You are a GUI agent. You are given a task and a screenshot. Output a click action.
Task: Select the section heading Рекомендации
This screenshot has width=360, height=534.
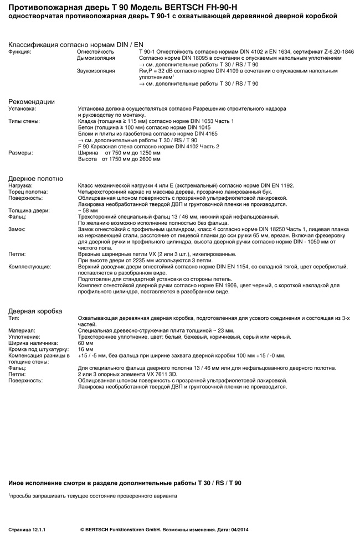(x=32, y=101)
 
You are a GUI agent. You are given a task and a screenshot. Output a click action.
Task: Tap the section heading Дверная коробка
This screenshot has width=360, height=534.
(x=35, y=311)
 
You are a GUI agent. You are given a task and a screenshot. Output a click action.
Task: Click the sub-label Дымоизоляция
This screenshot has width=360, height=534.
(x=96, y=58)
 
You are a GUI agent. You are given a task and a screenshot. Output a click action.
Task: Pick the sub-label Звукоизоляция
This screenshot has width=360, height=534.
(x=96, y=71)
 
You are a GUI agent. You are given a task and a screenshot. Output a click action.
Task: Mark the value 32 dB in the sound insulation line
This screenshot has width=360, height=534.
(x=165, y=71)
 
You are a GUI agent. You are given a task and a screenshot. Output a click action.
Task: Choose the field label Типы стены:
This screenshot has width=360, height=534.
(x=24, y=121)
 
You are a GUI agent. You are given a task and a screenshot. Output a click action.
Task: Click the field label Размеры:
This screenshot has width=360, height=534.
(x=20, y=153)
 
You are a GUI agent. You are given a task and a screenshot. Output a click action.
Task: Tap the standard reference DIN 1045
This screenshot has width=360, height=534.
(x=151, y=127)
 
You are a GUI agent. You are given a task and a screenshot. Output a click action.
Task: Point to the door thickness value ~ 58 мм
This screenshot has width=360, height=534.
(x=88, y=210)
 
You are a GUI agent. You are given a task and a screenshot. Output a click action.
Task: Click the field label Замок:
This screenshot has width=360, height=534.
(x=19, y=229)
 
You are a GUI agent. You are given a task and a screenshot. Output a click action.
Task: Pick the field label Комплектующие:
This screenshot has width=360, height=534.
(x=30, y=267)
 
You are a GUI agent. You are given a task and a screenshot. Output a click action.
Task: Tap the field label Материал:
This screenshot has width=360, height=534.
(x=21, y=330)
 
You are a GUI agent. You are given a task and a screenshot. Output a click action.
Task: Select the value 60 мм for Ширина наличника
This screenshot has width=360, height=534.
(x=85, y=343)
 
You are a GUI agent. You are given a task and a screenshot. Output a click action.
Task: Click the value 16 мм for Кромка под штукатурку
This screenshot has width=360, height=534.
(x=85, y=349)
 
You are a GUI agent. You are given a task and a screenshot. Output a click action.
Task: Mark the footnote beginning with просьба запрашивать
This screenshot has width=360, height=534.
(x=93, y=496)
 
